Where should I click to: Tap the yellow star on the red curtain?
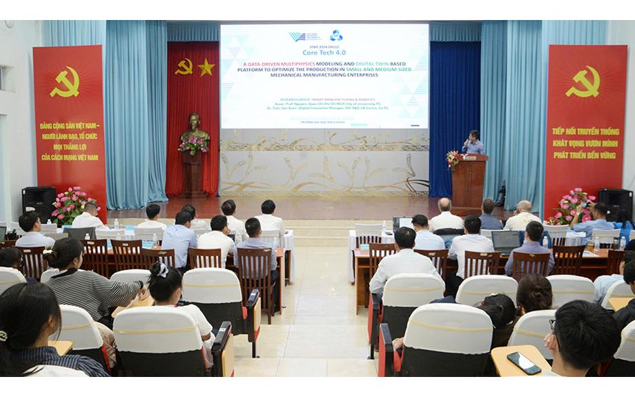click(206, 67)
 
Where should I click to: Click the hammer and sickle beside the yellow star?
click(184, 66)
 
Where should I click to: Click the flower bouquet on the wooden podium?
click(453, 159)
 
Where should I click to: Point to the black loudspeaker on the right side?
click(614, 200)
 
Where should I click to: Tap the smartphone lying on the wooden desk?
click(524, 362)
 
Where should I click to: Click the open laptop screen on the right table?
click(505, 240)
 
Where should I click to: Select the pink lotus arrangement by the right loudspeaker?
click(573, 205)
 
